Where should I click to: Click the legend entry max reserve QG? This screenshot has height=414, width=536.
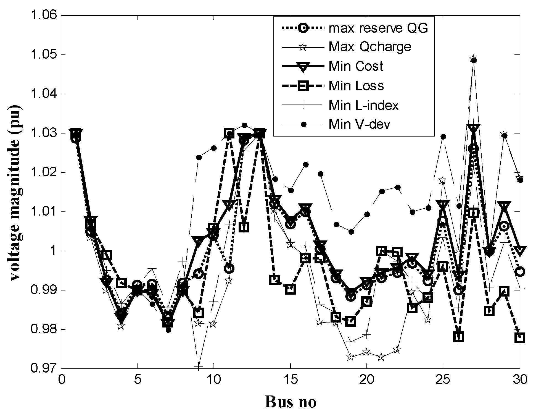pos(378,28)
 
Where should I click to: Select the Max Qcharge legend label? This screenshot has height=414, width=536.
pos(370,47)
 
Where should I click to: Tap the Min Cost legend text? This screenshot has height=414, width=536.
pos(356,66)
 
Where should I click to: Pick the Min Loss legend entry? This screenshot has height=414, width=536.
pos(356,86)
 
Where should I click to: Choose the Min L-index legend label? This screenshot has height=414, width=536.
pos(364,105)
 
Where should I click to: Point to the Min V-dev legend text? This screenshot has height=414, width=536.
pos(359,125)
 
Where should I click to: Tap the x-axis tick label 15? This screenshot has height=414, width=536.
pos(290,380)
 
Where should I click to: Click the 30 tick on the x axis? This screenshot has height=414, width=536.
pos(520,380)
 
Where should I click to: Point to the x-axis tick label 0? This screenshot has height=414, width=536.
pos(61,380)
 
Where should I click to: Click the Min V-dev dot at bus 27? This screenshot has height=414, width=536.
pos(474,61)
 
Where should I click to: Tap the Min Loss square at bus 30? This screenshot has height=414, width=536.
pos(520,338)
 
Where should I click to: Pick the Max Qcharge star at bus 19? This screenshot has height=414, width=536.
pos(350,357)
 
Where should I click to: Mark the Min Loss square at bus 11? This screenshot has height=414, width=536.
pos(229,133)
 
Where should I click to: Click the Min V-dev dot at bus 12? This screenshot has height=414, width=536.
pos(244,125)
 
